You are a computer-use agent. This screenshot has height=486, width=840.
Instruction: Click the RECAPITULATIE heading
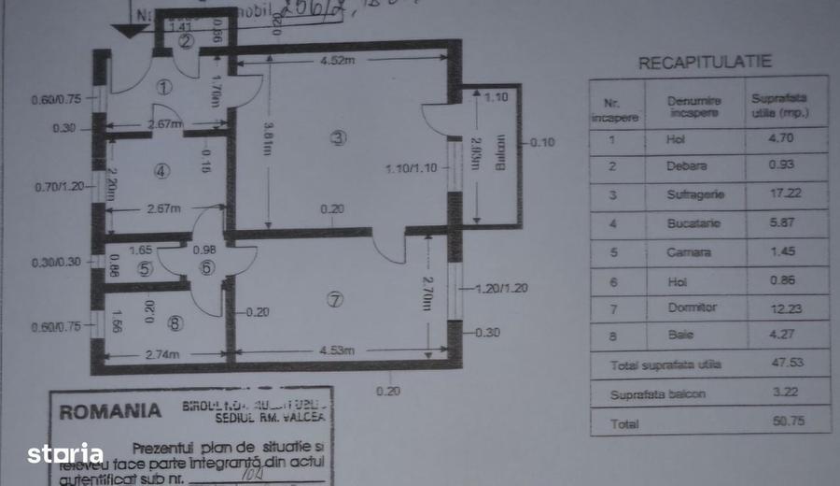click(705, 63)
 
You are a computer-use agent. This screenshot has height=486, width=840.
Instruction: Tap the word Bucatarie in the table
click(692, 224)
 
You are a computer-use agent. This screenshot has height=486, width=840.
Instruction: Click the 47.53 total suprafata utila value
click(785, 364)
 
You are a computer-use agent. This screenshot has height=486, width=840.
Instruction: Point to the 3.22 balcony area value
click(784, 393)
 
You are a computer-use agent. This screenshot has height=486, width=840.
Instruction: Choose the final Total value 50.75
click(784, 422)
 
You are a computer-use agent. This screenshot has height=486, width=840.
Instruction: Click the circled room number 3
click(338, 138)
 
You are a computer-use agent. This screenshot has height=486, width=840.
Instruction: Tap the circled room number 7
click(336, 299)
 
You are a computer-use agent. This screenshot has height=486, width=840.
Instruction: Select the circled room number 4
click(162, 171)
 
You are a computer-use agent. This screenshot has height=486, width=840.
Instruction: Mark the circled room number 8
click(176, 323)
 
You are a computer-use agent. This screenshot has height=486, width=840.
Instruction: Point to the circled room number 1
click(165, 88)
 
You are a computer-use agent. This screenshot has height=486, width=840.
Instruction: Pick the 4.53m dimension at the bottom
click(338, 350)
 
